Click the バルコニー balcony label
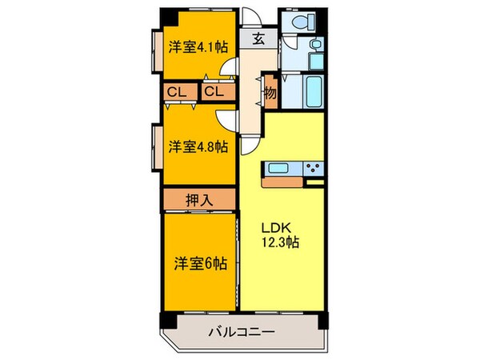(242, 330)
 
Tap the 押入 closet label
(199, 198)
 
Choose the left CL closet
(178, 92)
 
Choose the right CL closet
(214, 92)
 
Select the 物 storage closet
(270, 93)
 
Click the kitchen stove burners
(313, 169)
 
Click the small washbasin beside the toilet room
(314, 43)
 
